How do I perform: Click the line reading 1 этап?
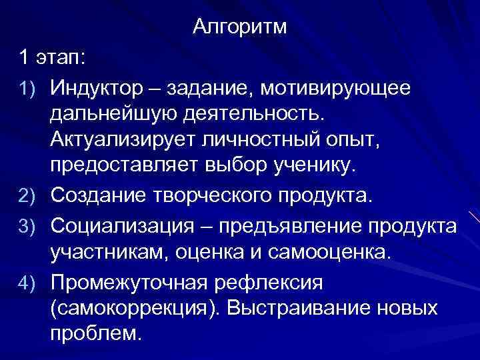click(x=52, y=58)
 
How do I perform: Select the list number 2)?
click(x=27, y=197)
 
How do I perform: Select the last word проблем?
click(x=95, y=334)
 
